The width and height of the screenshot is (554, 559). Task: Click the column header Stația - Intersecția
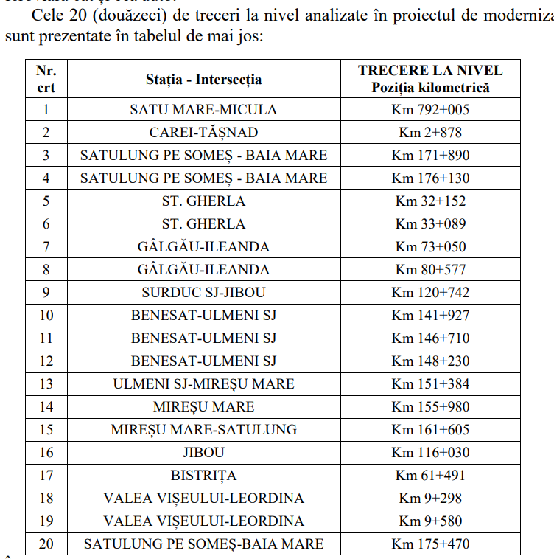(x=203, y=80)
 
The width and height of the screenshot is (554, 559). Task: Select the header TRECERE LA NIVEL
(x=430, y=71)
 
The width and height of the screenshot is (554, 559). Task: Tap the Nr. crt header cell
(x=46, y=79)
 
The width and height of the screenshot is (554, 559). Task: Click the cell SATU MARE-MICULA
(x=203, y=110)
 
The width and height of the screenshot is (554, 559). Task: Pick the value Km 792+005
(x=430, y=110)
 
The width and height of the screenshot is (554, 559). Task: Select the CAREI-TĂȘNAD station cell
(x=203, y=133)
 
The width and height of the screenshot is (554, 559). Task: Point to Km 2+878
(x=430, y=133)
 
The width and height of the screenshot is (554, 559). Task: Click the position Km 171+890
(x=430, y=156)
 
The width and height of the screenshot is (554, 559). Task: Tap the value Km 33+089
(x=430, y=224)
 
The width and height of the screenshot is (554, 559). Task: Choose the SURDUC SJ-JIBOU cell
(x=203, y=293)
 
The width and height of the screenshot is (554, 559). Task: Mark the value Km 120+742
(x=430, y=293)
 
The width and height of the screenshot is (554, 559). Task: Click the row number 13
(x=46, y=384)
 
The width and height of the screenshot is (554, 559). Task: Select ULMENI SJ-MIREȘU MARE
(x=203, y=384)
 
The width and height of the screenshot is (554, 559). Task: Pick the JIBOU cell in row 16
(x=203, y=453)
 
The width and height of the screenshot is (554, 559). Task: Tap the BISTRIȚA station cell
(x=203, y=476)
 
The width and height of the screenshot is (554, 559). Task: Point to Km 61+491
(x=430, y=476)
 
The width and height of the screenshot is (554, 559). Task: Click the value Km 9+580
(x=430, y=521)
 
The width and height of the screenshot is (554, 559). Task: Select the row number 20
(x=46, y=544)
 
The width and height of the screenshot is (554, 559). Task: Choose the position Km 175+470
(x=430, y=544)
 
